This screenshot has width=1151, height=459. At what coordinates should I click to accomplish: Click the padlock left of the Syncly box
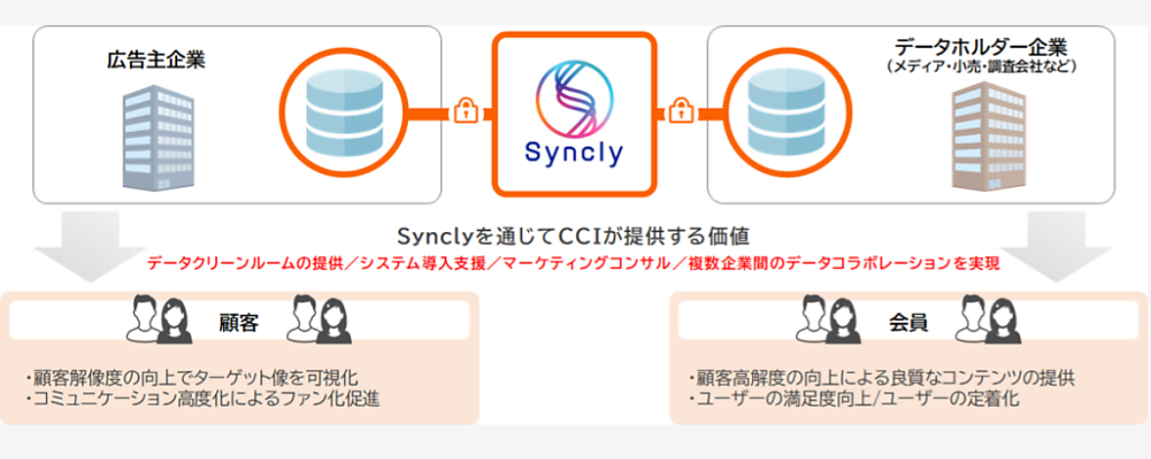tap(465, 112)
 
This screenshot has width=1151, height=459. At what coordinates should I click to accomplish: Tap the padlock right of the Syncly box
tap(678, 112)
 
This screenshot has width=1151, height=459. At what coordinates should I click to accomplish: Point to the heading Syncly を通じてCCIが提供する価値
tap(574, 237)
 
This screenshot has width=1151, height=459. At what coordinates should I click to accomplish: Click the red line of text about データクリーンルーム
tap(573, 263)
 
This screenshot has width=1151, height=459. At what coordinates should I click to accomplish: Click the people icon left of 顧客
tap(156, 320)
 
